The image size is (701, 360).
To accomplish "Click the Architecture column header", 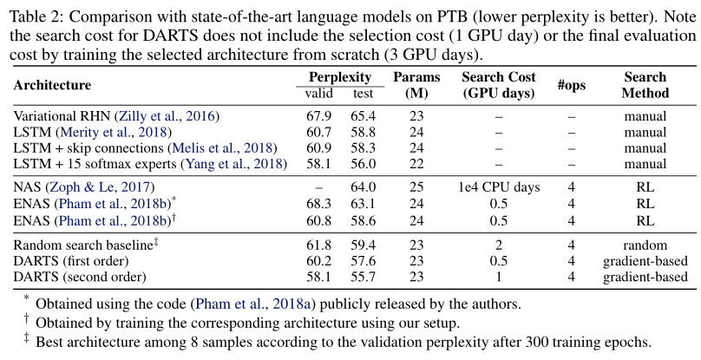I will (x=52, y=85).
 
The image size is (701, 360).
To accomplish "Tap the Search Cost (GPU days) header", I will (x=497, y=85).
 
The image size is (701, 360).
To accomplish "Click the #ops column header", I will (x=571, y=85).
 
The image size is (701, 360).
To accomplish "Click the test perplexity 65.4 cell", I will (x=364, y=115).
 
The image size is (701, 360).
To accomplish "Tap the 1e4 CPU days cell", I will (x=498, y=187).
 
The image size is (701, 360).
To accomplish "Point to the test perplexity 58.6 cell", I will (x=364, y=220).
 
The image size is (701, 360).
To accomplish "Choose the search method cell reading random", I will (x=645, y=245).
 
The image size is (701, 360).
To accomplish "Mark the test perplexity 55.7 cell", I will (x=364, y=277).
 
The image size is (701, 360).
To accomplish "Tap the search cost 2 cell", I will (x=498, y=245).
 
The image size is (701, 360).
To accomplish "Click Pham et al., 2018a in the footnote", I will (x=254, y=304).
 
